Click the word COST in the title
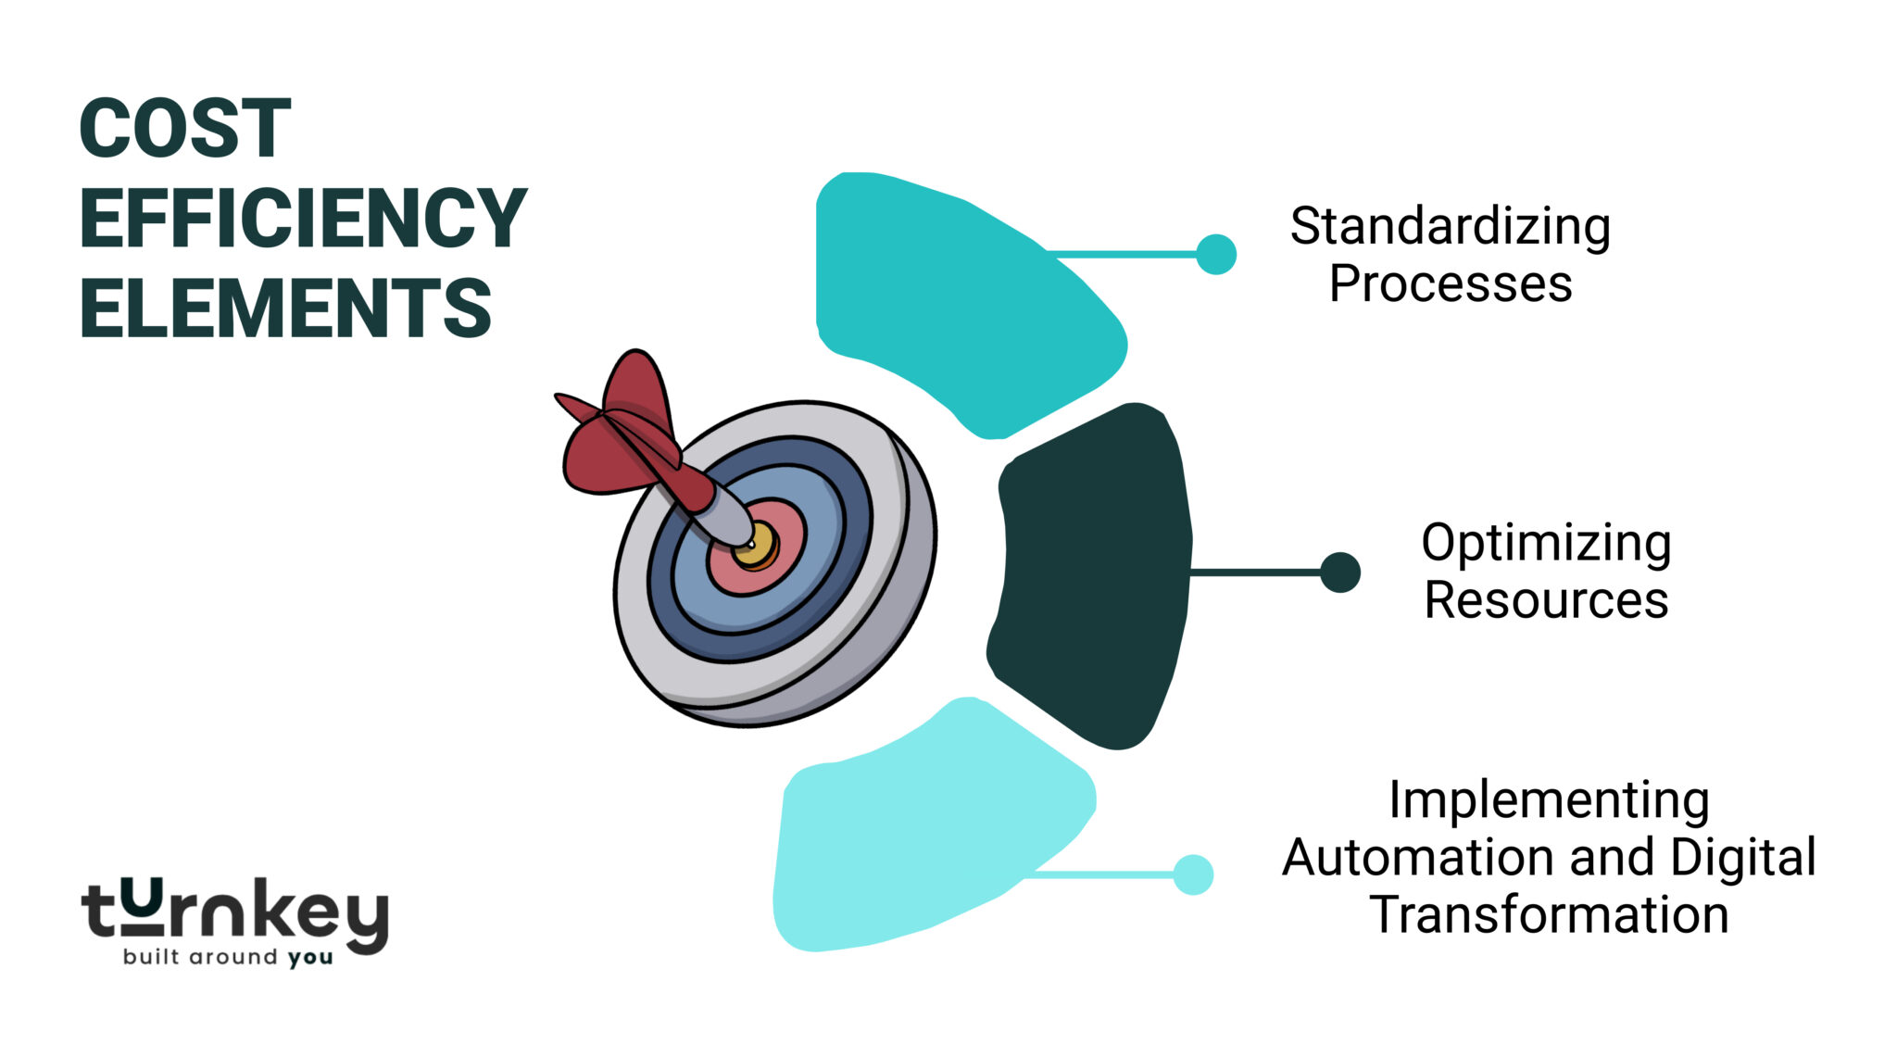[185, 129]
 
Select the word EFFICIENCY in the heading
[303, 219]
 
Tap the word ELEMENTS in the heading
[285, 308]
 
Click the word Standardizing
[1450, 227]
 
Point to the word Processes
[1450, 284]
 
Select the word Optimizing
[1545, 544]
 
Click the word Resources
[1545, 600]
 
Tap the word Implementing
[1549, 800]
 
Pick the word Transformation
[1549, 915]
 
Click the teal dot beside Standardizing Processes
[1215, 254]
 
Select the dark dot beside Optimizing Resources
[1339, 572]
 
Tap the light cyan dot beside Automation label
[1192, 874]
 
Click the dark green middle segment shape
[1093, 574]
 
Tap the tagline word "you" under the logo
[309, 958]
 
